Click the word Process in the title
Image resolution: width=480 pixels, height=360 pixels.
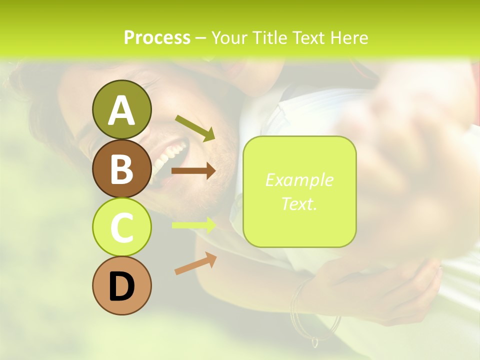coord(157,38)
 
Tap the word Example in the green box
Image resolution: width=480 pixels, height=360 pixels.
coord(299,180)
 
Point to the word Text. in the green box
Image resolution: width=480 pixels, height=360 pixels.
coord(299,203)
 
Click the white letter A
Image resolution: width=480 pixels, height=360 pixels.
coord(121,110)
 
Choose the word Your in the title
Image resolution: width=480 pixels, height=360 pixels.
coord(228,38)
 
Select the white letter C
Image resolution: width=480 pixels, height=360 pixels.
coord(121,228)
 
